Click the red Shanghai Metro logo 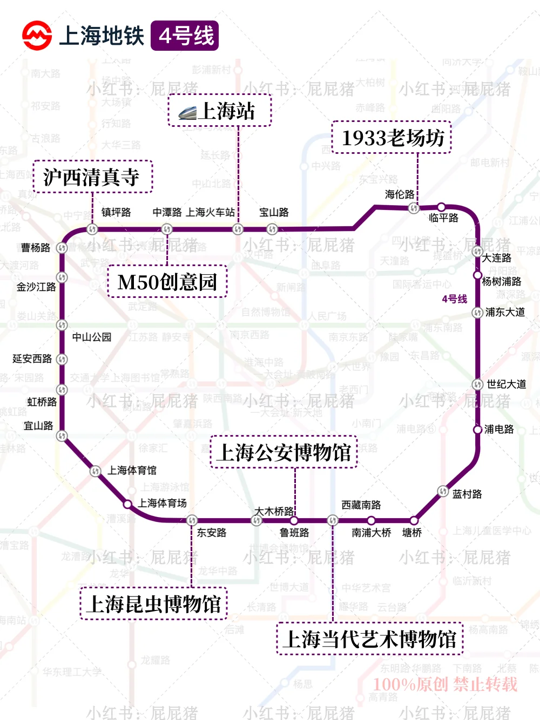point(37,36)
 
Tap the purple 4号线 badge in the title point(185,36)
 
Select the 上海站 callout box point(220,111)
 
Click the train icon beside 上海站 point(187,113)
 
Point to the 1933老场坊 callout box point(391,138)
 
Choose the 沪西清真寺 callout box point(92,176)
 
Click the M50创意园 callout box point(167,282)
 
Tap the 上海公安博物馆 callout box point(284,452)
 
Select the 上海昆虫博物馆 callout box point(154,603)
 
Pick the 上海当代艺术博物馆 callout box point(370,639)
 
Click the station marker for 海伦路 point(414,208)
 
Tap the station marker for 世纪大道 point(477,384)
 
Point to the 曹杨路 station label point(36,248)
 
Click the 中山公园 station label point(92,337)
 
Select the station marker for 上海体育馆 point(96,471)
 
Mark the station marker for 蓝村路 point(443,491)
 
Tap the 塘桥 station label point(412,533)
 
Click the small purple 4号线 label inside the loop point(454,299)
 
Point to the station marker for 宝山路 point(272,229)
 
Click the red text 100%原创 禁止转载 point(445,684)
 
